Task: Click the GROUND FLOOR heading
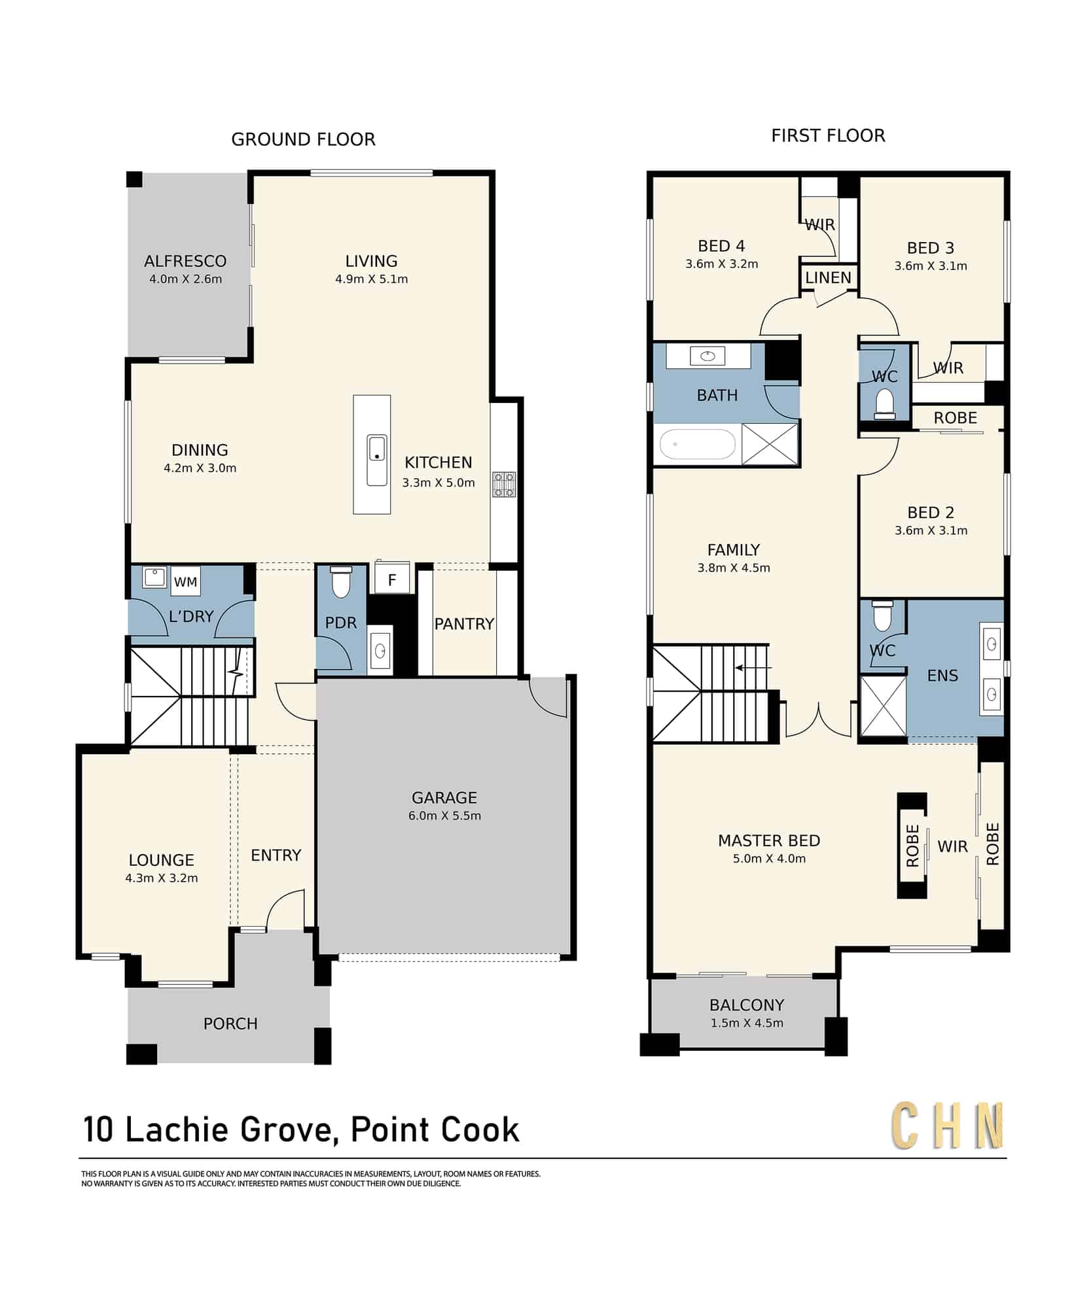click(303, 139)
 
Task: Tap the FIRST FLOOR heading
click(828, 135)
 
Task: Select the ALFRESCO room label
click(185, 261)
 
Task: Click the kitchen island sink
click(377, 460)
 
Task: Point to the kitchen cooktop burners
click(504, 485)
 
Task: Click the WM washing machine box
click(185, 581)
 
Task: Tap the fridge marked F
click(392, 579)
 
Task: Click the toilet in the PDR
click(340, 582)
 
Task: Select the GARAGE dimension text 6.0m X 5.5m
click(444, 816)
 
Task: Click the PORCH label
click(230, 1024)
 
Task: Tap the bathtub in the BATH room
click(698, 445)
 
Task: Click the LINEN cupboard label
click(828, 277)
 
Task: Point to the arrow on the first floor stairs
click(753, 668)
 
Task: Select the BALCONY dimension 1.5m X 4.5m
click(747, 1023)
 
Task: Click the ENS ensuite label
click(942, 676)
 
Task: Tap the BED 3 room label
click(931, 248)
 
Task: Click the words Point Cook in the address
click(435, 1129)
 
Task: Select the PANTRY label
click(464, 624)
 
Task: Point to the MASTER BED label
click(769, 840)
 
